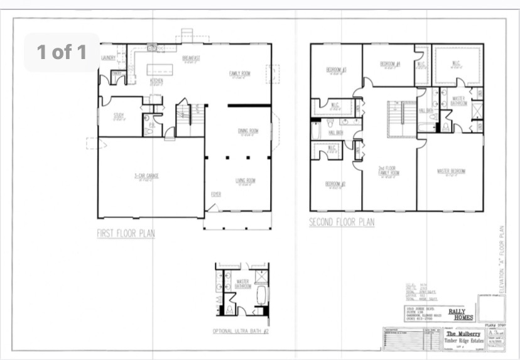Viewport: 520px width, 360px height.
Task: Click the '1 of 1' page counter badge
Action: tap(62, 52)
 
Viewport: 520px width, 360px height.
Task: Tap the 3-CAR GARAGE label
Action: tap(146, 176)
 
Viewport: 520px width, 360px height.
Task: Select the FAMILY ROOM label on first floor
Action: tap(239, 74)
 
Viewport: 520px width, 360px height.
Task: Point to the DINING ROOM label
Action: tap(248, 131)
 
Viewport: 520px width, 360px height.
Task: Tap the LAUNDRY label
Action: tap(109, 58)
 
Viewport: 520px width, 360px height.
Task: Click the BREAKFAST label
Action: tap(191, 58)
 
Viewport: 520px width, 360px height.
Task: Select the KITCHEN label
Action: tap(156, 81)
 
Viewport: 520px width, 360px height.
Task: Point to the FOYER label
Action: tap(216, 194)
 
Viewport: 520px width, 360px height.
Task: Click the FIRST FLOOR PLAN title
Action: tap(126, 233)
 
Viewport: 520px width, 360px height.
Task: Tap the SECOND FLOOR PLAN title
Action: tap(342, 222)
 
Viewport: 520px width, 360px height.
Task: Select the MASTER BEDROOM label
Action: tap(450, 171)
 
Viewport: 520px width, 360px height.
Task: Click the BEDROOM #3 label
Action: tap(337, 69)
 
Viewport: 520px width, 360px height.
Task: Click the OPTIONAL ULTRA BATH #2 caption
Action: tap(241, 331)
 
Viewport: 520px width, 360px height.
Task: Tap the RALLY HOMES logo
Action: tap(460, 313)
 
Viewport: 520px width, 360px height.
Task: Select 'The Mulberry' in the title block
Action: tap(460, 334)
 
